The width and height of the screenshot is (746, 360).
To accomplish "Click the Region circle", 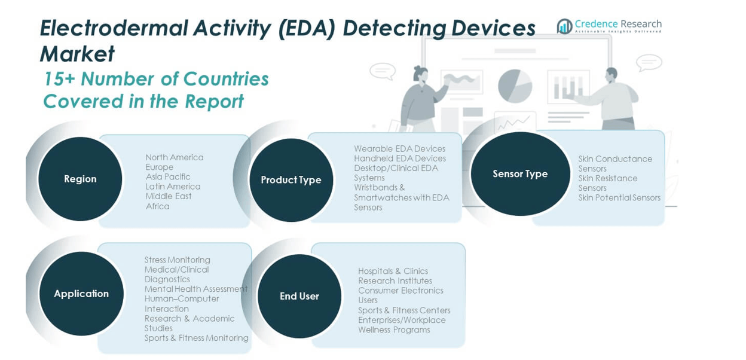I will pos(80,179).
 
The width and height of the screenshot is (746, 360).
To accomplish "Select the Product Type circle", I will pos(291,180).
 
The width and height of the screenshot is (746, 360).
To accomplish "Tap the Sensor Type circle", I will pos(520,173).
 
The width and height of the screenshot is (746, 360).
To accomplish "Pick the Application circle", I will pos(81,294).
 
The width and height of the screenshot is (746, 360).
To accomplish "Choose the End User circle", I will pos(299,296).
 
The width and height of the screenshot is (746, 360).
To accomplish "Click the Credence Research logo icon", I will pos(564,26).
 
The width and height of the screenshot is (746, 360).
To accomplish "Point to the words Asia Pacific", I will pos(168,177).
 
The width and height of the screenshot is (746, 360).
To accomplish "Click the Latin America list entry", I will pos(173,187).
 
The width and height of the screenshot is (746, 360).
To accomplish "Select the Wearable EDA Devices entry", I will pos(399,149).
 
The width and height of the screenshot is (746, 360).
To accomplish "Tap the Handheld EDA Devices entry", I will pos(399,158).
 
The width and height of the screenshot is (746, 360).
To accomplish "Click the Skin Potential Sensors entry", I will pos(619,198).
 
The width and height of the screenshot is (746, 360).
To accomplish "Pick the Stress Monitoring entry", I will pos(177,260).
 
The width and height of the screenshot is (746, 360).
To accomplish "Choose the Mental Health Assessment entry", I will pos(195,289).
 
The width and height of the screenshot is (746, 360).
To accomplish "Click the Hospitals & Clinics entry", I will pos(393,271).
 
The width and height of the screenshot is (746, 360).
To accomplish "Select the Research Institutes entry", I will pos(395,281).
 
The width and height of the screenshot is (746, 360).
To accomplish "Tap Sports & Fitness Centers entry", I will pos(404,310).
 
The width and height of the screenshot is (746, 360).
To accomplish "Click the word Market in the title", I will pos(77,54).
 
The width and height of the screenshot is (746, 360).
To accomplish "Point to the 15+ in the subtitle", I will pos(59,79).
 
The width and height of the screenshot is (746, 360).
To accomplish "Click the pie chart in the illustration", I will pos(515,86).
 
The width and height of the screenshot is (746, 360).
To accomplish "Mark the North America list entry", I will pos(175,157).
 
